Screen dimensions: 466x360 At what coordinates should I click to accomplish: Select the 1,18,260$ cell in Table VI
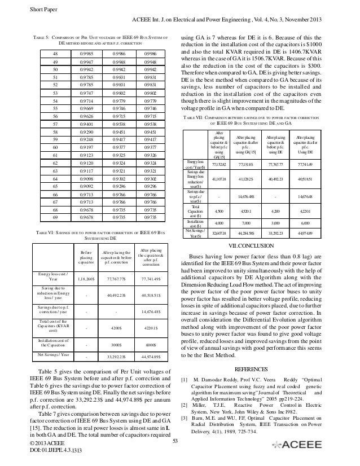pyautogui.click(x=86, y=279)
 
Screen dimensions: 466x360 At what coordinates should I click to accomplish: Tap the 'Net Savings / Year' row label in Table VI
pyautogui.click(x=52, y=355)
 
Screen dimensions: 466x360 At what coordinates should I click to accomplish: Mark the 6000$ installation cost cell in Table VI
pyautogui.click(x=151, y=342)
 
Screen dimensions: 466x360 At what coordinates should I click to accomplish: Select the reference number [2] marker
pyautogui.click(x=183, y=421)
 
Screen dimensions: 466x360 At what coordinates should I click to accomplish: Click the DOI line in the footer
pyautogui.click(x=31, y=459)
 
